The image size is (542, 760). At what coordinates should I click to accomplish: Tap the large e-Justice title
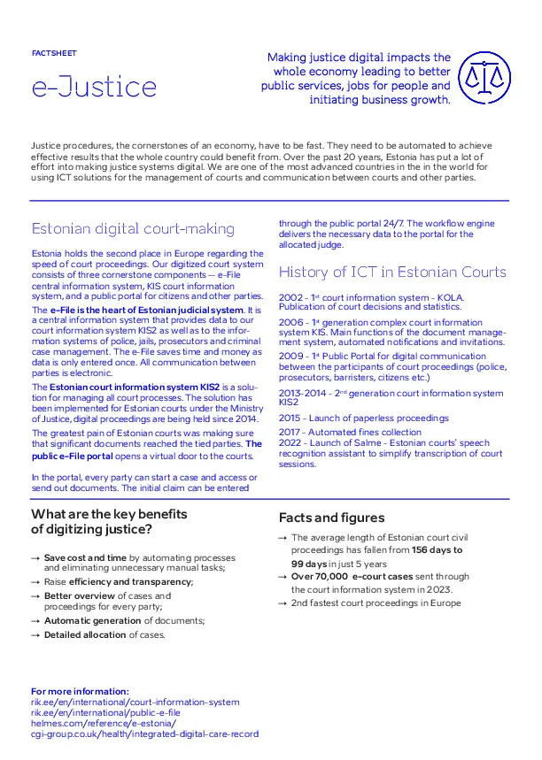point(94,87)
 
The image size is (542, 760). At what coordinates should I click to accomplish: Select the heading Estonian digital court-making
point(133,229)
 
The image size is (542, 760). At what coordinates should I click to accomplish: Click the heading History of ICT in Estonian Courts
point(392,272)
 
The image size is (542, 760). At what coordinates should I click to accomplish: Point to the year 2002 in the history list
point(290,297)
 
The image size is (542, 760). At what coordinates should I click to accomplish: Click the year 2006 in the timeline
point(290,323)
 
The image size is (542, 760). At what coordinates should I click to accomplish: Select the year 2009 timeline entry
point(290,357)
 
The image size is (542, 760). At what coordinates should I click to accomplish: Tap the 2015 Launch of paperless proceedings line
point(361,418)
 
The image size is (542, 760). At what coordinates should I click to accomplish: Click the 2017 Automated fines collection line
point(350,433)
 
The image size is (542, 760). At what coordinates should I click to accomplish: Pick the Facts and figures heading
point(332,518)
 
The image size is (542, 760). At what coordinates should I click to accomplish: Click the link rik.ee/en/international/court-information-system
point(135,702)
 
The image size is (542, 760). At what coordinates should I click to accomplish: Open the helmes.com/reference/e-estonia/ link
point(103,723)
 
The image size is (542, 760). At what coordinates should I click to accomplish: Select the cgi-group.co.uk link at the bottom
point(144,733)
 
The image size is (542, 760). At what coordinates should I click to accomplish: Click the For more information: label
point(80,691)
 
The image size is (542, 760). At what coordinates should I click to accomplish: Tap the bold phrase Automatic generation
point(92,620)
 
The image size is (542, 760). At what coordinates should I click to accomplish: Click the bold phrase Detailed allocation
point(85,634)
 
